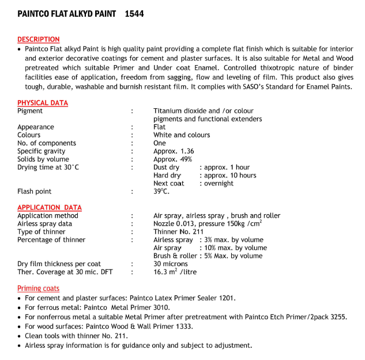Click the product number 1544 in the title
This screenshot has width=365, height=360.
[x=134, y=13]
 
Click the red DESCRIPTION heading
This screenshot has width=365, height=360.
[x=38, y=40]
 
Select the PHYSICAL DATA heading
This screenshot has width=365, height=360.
[x=43, y=103]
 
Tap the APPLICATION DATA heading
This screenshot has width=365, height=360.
[x=50, y=207]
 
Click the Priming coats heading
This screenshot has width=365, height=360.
[x=38, y=288]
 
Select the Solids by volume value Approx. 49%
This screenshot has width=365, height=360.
[x=173, y=159]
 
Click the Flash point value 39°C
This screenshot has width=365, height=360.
[x=161, y=191]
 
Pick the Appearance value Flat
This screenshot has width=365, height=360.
[x=160, y=127]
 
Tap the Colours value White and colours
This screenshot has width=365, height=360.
[x=182, y=135]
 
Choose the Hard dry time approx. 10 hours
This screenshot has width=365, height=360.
[x=228, y=175]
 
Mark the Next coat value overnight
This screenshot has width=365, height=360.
[x=218, y=183]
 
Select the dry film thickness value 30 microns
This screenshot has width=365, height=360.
[x=170, y=264]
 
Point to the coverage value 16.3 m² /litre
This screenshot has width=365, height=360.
[x=175, y=272]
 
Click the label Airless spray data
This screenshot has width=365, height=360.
[x=45, y=223]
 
